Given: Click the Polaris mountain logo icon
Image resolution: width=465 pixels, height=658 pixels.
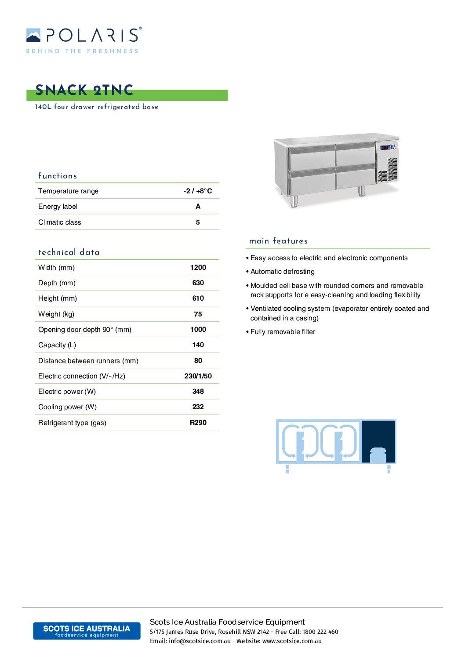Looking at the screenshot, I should point(33,35).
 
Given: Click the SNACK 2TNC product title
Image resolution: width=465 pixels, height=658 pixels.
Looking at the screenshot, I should point(84,90).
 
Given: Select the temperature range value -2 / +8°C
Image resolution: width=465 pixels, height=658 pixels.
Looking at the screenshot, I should point(197,191).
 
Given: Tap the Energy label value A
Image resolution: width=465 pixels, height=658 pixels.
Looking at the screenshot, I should point(198,206).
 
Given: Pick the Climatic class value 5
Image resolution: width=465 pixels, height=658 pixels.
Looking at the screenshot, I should point(198,222).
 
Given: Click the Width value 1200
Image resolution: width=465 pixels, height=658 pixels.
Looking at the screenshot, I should point(198,267).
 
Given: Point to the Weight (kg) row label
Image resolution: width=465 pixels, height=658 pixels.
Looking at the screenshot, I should point(56,314).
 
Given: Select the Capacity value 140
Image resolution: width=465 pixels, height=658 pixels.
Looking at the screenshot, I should point(198,345).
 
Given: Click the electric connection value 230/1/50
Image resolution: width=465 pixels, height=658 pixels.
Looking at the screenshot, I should point(198,376).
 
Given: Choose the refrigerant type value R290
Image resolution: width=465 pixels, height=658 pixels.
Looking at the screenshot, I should point(198,422).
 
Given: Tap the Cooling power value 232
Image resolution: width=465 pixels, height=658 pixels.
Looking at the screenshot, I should point(198,407).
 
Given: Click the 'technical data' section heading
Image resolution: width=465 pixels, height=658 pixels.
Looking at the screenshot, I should point(69,252).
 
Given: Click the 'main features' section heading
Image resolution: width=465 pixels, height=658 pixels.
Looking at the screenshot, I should point(278,241).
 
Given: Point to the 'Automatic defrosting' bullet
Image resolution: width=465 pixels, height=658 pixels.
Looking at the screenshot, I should point(282,272).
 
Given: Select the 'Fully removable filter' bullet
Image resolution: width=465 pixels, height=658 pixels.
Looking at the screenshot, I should point(283,332).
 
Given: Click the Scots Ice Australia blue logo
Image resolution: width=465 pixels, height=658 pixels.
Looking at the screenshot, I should point(87,631).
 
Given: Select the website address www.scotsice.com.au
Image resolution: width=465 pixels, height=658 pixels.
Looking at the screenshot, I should point(292,641).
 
